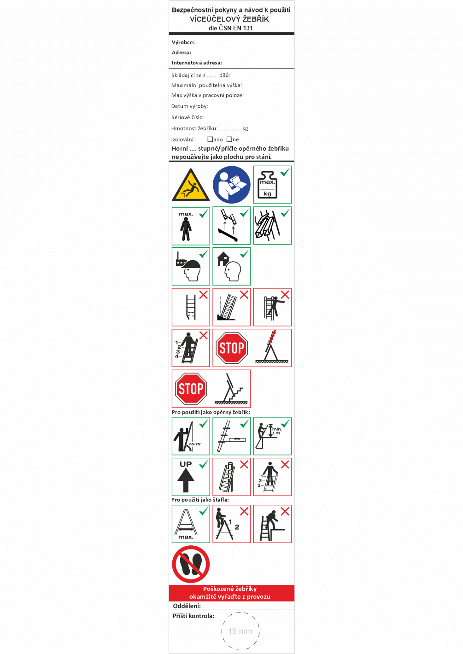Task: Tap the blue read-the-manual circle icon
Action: pos(232,185)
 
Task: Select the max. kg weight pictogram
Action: pos(272,185)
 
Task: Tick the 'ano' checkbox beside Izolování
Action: pos(210,139)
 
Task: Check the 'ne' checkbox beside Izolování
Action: pos(229,139)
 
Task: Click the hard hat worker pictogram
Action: pos(191,267)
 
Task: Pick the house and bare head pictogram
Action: pos(232,267)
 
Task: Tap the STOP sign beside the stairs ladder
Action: pos(191,389)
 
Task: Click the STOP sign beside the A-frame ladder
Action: pos(232,348)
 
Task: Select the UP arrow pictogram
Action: pos(191,477)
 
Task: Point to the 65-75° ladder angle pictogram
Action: pos(191,436)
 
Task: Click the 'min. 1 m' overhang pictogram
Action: pos(272,436)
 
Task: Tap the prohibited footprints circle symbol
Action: pos(191,564)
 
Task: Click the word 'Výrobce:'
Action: pos(183,42)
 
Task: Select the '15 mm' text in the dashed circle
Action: pos(240,631)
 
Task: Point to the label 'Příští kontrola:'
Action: pos(193,616)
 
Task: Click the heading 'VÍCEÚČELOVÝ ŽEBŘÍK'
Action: pos(229,19)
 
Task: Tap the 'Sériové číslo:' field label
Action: pos(188,117)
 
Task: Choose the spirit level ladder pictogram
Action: pos(232,436)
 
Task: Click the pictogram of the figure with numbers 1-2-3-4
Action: pos(191,348)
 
